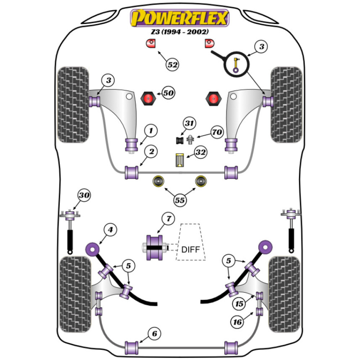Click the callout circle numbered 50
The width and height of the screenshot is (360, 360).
[x=168, y=93]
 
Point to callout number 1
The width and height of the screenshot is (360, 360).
[x=151, y=130]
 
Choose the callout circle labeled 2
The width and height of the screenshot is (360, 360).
[x=151, y=152]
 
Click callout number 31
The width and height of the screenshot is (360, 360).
[x=189, y=123]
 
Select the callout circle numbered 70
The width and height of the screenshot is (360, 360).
[x=217, y=132]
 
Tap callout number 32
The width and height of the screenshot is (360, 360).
[x=201, y=153]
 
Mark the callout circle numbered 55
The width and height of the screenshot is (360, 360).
[x=179, y=200]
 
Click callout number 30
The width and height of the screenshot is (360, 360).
[x=84, y=195]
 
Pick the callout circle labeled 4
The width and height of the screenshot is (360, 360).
[x=111, y=229]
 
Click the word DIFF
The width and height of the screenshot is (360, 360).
[x=190, y=249]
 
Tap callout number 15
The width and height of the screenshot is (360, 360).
[x=239, y=303]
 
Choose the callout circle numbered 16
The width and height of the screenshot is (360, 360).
[x=238, y=322]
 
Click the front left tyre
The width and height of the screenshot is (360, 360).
[x=73, y=104]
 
